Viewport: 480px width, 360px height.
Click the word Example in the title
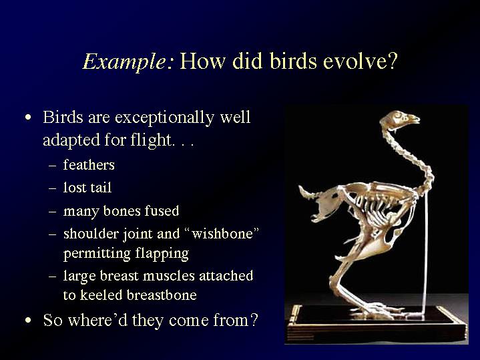pyautogui.click(x=125, y=62)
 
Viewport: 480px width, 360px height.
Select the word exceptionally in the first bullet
pyautogui.click(x=164, y=118)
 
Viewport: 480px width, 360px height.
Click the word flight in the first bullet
pyautogui.click(x=151, y=140)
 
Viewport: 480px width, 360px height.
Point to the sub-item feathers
pyautogui.click(x=89, y=165)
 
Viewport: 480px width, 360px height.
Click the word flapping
pyautogui.click(x=162, y=254)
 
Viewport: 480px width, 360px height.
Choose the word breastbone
pyautogui.click(x=162, y=295)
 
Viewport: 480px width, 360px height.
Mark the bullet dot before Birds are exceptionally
pyautogui.click(x=28, y=118)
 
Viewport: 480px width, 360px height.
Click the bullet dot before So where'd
pyautogui.click(x=28, y=320)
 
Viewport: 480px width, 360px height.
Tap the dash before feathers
pyautogui.click(x=52, y=166)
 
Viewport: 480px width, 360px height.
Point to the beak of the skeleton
pyautogui.click(x=414, y=120)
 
